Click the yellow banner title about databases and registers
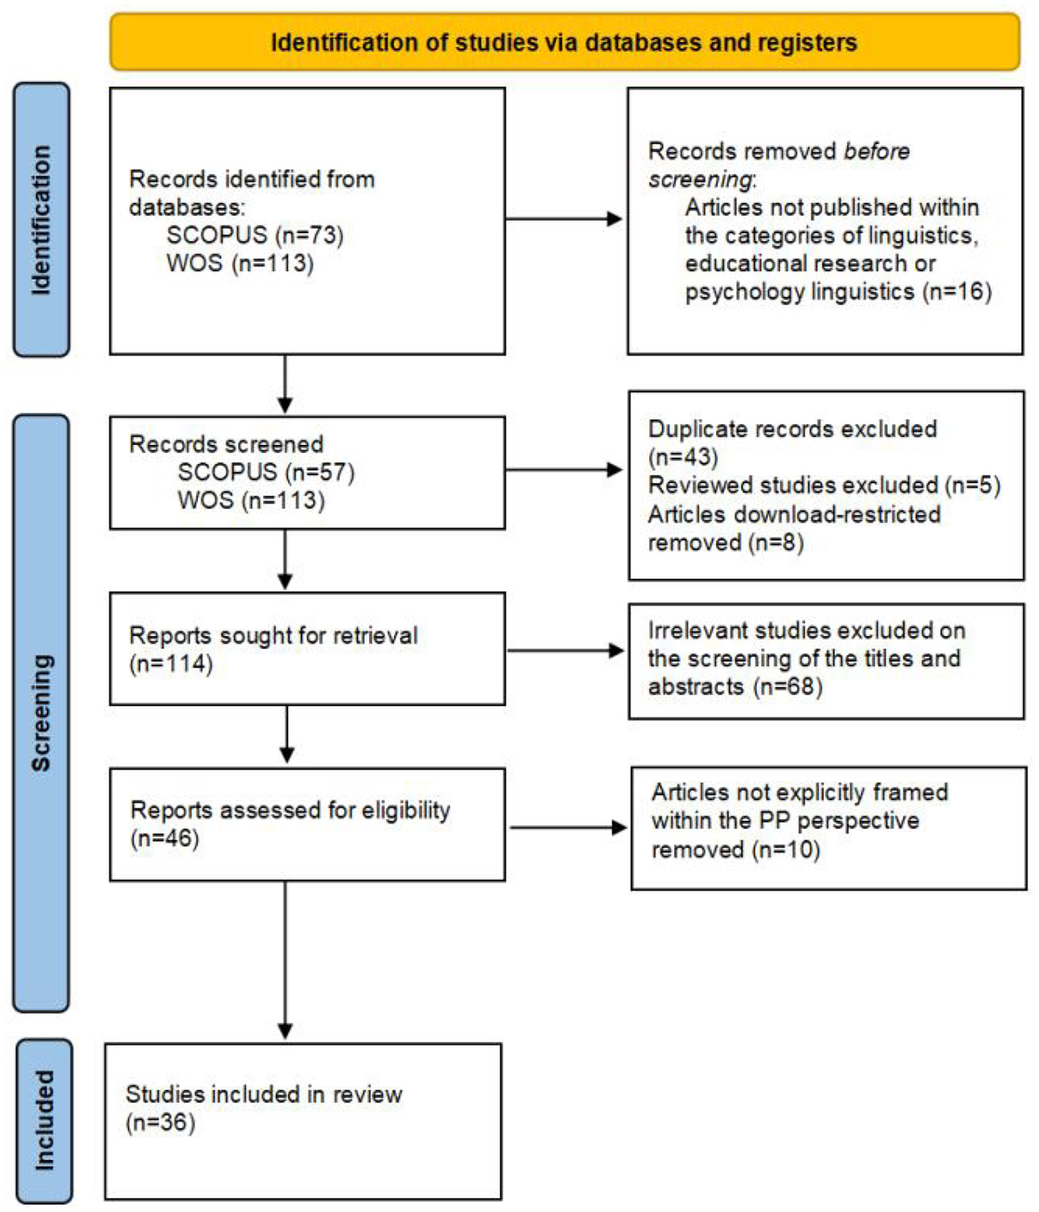tap(564, 43)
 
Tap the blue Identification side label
tap(42, 219)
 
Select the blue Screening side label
tap(42, 712)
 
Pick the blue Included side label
tap(44, 1120)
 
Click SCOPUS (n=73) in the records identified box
tap(254, 235)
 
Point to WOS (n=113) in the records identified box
tap(240, 263)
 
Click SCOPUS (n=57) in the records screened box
tap(265, 472)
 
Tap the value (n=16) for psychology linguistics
tap(958, 292)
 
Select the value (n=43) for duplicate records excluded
tap(683, 458)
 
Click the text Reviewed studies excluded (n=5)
tap(824, 485)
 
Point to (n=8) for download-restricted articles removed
tap(776, 543)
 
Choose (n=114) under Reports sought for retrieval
tap(171, 664)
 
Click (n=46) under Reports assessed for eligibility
tap(165, 838)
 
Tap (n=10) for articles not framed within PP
tap(785, 850)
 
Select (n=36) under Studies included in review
tap(161, 1123)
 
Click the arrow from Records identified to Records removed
tap(564, 218)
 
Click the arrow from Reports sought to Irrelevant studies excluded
tap(565, 650)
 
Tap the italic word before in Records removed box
tap(877, 152)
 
